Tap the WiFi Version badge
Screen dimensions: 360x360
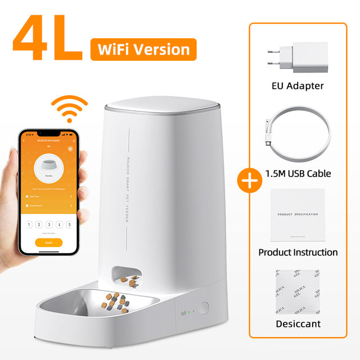[143, 49]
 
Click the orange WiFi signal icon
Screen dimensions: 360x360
[69, 109]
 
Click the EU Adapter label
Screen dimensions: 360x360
[298, 86]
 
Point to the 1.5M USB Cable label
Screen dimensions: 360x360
[298, 173]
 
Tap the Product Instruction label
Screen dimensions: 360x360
[298, 252]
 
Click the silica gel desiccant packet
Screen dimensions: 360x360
[298, 291]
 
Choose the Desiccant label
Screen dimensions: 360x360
[298, 324]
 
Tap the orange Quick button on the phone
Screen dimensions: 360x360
[48, 242]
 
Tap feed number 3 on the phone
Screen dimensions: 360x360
[49, 224]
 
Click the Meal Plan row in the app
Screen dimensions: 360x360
[48, 196]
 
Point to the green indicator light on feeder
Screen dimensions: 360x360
[190, 309]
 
